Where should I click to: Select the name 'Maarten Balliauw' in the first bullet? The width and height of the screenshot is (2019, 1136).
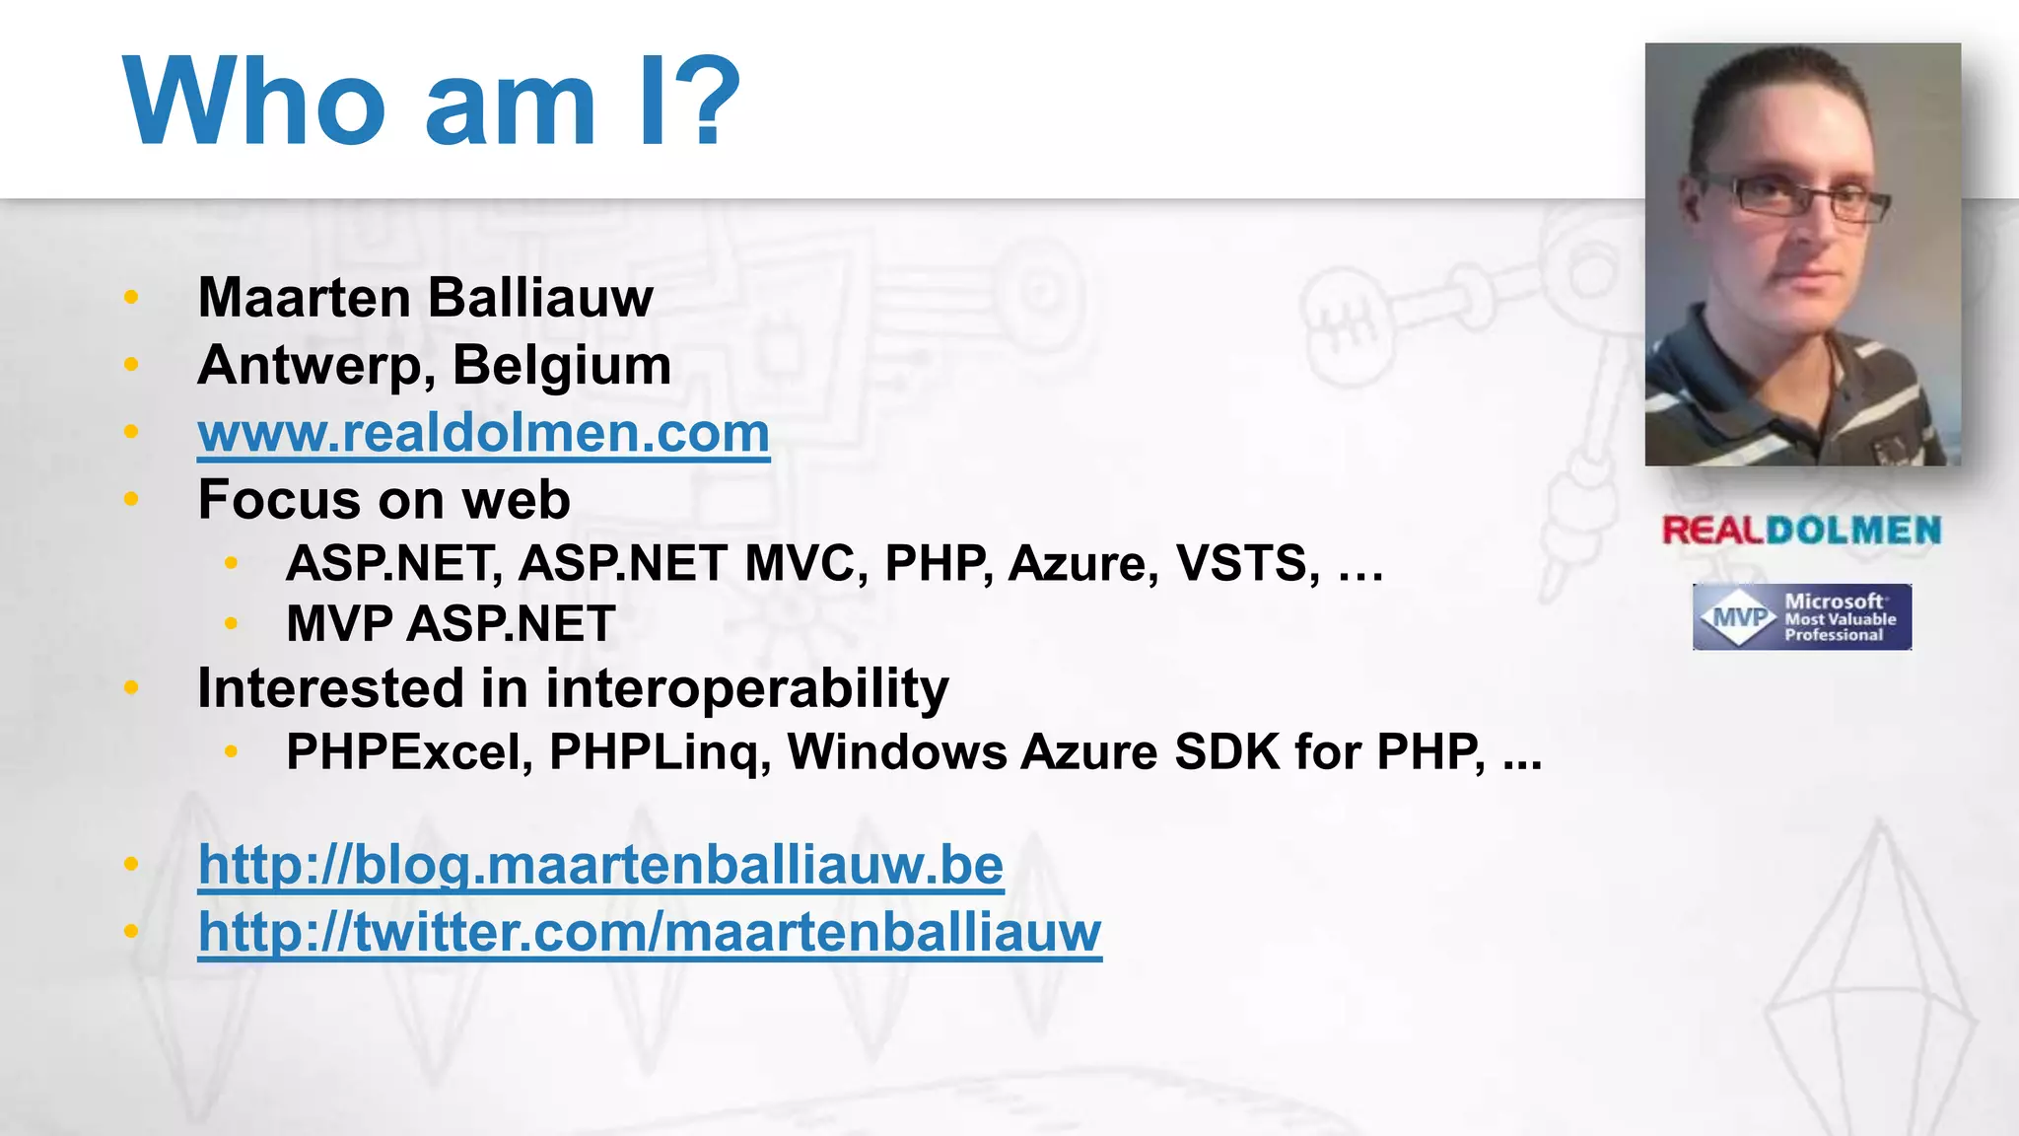(x=425, y=298)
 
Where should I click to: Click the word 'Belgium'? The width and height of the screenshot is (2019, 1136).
(x=562, y=366)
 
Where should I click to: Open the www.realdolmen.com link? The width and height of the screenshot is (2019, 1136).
(x=483, y=433)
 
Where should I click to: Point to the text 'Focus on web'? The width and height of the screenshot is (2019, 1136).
(x=383, y=499)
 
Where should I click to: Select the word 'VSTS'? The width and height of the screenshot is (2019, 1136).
(x=1246, y=564)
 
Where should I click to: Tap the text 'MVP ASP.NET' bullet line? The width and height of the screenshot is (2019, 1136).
(x=451, y=624)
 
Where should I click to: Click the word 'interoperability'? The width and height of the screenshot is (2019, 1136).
(x=746, y=688)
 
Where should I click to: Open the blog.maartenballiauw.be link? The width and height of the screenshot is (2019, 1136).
(x=600, y=866)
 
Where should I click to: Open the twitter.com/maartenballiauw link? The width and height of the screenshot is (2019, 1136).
(x=650, y=932)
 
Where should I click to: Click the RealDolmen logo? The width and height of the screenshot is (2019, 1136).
(x=1801, y=531)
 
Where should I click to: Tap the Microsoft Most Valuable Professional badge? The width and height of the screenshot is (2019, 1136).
(x=1801, y=617)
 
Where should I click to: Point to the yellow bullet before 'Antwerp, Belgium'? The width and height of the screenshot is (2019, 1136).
(x=131, y=366)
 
